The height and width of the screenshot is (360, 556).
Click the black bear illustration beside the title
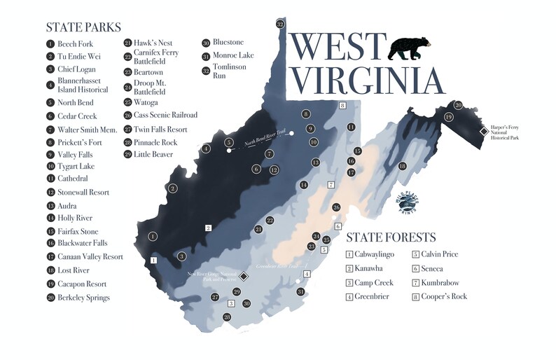pyautogui.click(x=412, y=48)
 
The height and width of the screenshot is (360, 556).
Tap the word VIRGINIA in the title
pyautogui.click(x=368, y=80)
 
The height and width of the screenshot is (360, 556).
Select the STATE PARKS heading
pyautogui.click(x=83, y=27)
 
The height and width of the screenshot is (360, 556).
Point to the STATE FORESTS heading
pyautogui.click(x=391, y=237)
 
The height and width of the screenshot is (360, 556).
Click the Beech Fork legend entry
pyautogui.click(x=75, y=44)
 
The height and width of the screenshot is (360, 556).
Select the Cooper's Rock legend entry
pyautogui.click(x=443, y=296)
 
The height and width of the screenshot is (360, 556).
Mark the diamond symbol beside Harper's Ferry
pyautogui.click(x=483, y=132)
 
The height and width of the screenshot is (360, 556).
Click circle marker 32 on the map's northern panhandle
pyautogui.click(x=280, y=24)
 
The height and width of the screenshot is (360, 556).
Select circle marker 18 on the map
pyautogui.click(x=402, y=166)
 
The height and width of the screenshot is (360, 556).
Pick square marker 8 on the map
pyautogui.click(x=342, y=105)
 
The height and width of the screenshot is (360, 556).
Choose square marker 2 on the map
pyautogui.click(x=208, y=228)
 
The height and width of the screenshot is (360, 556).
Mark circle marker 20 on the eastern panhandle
pyautogui.click(x=458, y=105)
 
